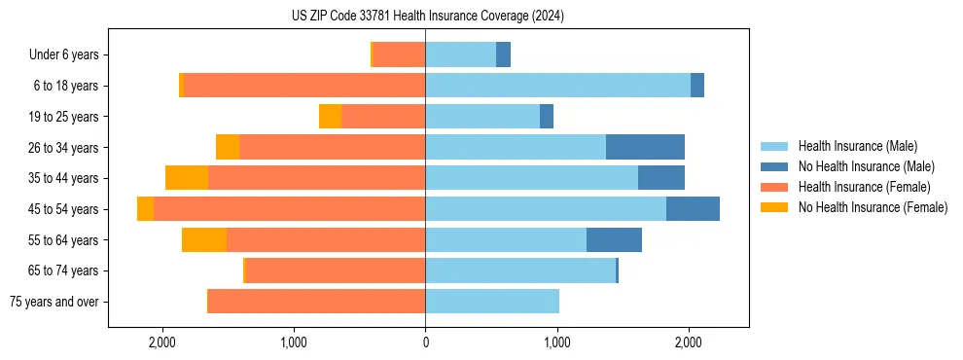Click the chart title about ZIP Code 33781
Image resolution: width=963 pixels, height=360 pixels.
click(427, 17)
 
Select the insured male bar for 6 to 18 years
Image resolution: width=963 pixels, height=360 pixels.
click(557, 86)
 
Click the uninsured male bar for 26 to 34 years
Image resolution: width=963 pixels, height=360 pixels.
click(645, 147)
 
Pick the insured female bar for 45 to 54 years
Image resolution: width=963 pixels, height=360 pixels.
click(289, 209)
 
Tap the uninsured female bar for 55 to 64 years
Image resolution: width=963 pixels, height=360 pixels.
click(204, 239)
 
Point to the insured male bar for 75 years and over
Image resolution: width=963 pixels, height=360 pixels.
click(492, 302)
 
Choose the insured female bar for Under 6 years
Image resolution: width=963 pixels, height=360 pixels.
click(399, 54)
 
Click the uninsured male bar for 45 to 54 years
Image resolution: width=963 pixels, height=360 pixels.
click(693, 209)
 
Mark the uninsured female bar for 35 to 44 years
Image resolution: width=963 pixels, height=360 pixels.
click(187, 178)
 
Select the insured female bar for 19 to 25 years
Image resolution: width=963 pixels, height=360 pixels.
click(383, 117)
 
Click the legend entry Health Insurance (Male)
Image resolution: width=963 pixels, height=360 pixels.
click(857, 146)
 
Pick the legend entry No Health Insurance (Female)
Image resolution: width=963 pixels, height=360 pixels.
click(873, 207)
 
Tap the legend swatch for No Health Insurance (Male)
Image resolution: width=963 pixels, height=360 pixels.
click(774, 166)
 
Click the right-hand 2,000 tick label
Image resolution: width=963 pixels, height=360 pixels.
click(688, 342)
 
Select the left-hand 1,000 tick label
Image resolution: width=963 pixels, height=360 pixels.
click(294, 342)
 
